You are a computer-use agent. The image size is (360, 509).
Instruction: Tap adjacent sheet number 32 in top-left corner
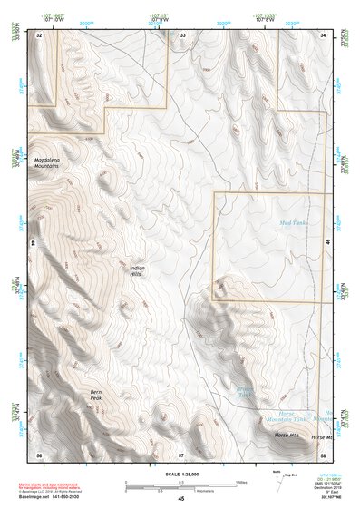(x=39, y=34)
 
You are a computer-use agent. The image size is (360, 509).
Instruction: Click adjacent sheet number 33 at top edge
(x=181, y=34)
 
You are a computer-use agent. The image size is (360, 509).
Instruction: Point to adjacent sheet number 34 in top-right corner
(x=322, y=34)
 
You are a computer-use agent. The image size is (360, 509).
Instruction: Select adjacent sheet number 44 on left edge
(x=33, y=243)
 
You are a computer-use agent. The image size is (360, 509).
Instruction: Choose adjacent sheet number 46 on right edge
(x=327, y=243)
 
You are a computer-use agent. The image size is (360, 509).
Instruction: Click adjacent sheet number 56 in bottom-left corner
(x=39, y=453)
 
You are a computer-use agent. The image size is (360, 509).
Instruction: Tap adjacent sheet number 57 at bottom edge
(x=181, y=453)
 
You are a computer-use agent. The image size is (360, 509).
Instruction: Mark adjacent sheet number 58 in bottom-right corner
(x=322, y=453)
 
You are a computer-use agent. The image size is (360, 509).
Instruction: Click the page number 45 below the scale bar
(x=181, y=499)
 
